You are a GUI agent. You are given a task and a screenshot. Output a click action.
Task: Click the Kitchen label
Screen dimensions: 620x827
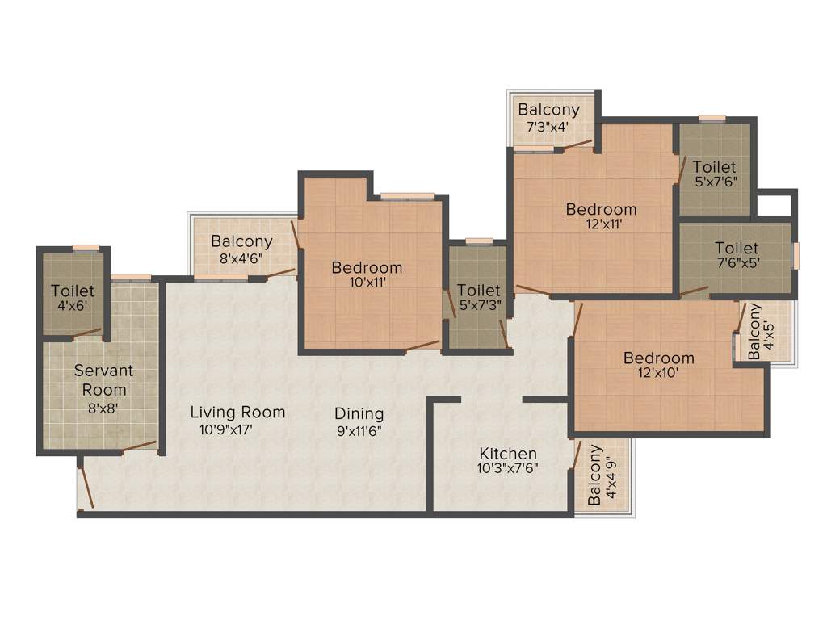pos(508,454)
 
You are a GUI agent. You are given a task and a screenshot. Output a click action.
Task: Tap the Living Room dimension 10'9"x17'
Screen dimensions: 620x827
pos(227,430)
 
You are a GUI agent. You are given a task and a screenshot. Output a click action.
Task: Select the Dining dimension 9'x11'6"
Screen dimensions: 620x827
pos(359,430)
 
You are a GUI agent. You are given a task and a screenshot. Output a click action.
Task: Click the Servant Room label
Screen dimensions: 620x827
pos(103,380)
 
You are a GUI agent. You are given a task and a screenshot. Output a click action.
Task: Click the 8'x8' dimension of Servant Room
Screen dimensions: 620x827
pos(103,408)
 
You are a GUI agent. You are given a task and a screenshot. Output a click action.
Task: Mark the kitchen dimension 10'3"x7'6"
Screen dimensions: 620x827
pos(508,467)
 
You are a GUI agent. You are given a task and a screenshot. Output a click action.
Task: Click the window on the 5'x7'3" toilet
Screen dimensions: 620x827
pos(479,241)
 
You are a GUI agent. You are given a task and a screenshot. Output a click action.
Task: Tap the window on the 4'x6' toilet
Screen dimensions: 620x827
pos(86,248)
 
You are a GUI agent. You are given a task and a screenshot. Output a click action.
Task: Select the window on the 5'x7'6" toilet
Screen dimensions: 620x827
pos(712,118)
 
